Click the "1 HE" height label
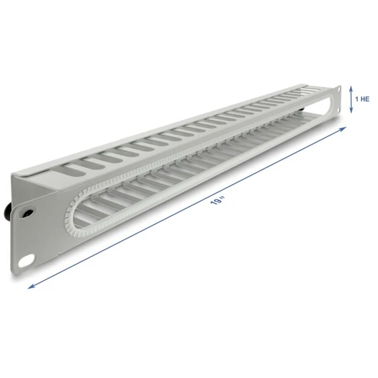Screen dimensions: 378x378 pos(362,99)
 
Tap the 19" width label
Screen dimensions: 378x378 pos(217,200)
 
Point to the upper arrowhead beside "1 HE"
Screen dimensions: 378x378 pos(351,88)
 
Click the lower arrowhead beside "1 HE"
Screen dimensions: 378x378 pos(351,111)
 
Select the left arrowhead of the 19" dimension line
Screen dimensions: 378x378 pos(31,286)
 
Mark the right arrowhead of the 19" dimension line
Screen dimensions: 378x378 pos(344,129)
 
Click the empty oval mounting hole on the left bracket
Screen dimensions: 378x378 pos(26,261)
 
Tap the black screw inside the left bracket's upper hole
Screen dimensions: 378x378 pos(27,213)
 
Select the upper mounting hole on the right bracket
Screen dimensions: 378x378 pos(339,89)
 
